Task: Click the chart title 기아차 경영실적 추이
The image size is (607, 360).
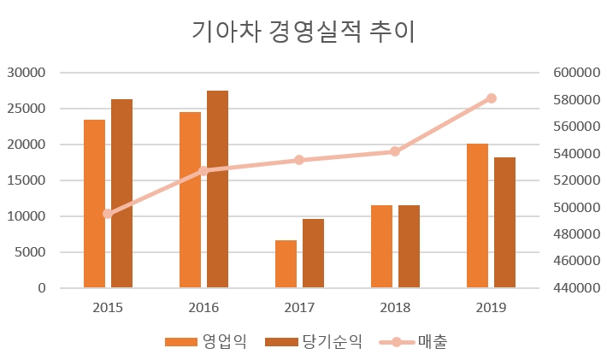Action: (x=303, y=32)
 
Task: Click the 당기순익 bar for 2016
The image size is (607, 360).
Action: (x=217, y=189)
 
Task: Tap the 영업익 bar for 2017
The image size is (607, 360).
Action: (x=286, y=264)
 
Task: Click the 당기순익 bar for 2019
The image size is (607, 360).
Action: (x=504, y=222)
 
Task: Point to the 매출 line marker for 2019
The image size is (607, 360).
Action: (x=491, y=98)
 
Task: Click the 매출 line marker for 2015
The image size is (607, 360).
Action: (x=108, y=214)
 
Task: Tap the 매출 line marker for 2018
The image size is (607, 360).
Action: (x=395, y=151)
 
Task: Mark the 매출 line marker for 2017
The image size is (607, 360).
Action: (x=299, y=160)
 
